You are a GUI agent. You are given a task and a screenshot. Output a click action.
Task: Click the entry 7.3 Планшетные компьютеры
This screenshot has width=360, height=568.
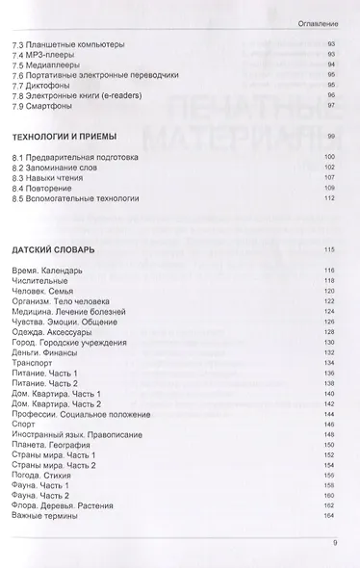pos(68,44)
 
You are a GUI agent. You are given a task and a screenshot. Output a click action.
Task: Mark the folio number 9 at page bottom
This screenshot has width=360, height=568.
pos(333,544)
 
